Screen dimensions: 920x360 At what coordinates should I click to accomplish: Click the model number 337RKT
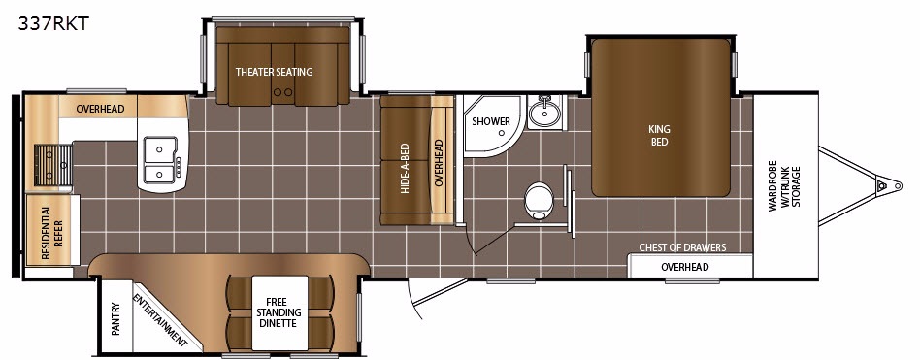(x=53, y=23)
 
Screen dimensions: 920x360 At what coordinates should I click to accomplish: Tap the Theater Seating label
(x=274, y=72)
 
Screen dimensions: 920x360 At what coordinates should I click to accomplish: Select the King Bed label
(x=660, y=136)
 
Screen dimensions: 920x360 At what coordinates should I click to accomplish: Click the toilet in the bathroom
(x=540, y=201)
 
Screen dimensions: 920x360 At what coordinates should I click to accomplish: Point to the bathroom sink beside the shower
(x=544, y=111)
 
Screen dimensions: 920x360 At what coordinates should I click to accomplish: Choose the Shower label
(x=491, y=121)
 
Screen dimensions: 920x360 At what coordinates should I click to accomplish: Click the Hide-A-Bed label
(x=406, y=170)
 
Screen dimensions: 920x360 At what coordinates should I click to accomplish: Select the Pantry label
(x=115, y=318)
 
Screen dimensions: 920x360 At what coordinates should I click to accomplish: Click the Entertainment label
(x=159, y=320)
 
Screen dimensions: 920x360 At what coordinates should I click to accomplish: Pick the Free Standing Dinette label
(x=279, y=312)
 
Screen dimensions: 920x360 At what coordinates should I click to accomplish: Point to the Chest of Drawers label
(x=682, y=247)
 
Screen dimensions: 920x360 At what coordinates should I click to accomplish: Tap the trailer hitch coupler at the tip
(x=880, y=186)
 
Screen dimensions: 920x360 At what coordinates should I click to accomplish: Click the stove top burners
(x=52, y=165)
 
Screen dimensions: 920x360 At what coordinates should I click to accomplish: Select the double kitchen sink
(x=160, y=159)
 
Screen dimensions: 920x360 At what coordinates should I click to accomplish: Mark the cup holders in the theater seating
(x=283, y=92)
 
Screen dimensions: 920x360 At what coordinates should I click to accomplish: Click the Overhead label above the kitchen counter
(x=100, y=109)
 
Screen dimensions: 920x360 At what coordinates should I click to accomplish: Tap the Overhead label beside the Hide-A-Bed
(x=439, y=162)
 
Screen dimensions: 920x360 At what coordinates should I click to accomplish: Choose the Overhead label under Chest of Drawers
(x=685, y=268)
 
